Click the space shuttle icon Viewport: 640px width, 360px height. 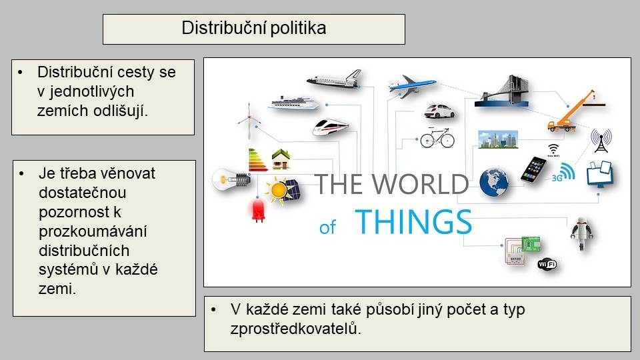[334, 79]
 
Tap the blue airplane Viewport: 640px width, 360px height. [411, 85]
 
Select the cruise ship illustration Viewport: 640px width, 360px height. [293, 103]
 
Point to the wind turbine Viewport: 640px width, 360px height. [249, 121]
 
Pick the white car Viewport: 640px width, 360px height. [439, 111]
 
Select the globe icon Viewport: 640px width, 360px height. [493, 183]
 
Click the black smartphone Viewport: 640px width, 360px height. [533, 169]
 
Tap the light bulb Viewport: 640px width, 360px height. [231, 179]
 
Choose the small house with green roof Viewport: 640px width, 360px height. [281, 159]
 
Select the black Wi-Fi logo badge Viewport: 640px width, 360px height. [547, 265]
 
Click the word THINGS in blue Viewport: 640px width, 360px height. [413, 221]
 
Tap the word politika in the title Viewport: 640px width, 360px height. [298, 28]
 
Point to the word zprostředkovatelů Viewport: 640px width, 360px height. [295, 329]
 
